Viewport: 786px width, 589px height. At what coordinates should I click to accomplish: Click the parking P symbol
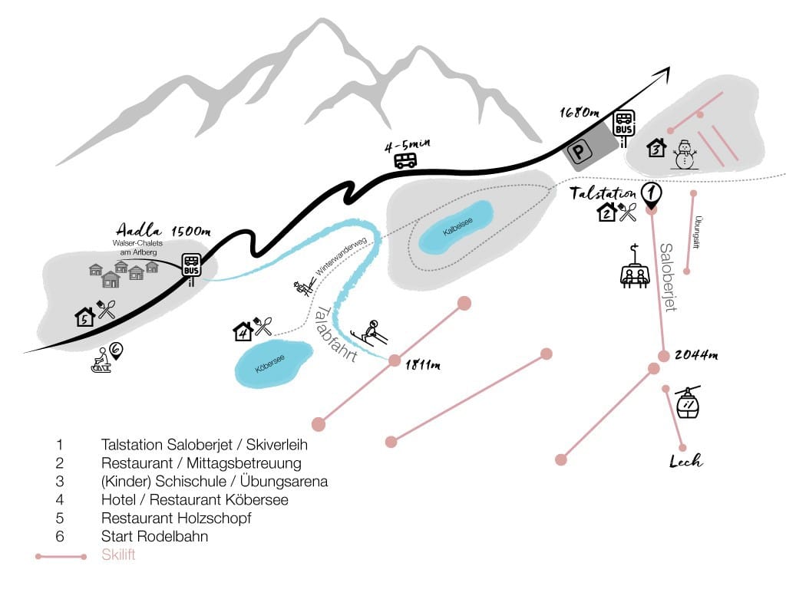coord(580,151)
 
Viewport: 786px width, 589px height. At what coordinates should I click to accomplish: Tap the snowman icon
coord(684,154)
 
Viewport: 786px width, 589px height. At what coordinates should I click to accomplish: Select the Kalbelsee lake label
coord(457,227)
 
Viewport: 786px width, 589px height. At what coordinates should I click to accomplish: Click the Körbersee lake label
coord(269,364)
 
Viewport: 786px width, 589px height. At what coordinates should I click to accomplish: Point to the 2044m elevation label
coord(696,355)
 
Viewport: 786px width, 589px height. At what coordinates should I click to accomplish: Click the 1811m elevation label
coord(423,364)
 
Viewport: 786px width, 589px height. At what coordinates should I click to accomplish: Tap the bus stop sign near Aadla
coord(191,265)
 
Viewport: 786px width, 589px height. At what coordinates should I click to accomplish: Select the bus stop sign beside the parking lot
coord(624,123)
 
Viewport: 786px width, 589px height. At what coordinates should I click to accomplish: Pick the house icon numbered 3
coord(656,147)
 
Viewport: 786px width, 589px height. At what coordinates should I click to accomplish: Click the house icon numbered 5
coord(84,317)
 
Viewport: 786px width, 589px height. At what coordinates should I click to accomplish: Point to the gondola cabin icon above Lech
coord(688,403)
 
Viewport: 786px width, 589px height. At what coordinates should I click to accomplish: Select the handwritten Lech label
coord(685,461)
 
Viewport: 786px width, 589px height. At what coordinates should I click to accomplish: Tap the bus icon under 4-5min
coord(405,160)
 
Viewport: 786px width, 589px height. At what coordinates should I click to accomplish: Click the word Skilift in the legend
coord(118,555)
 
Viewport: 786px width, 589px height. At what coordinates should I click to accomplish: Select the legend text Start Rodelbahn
coord(154,536)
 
